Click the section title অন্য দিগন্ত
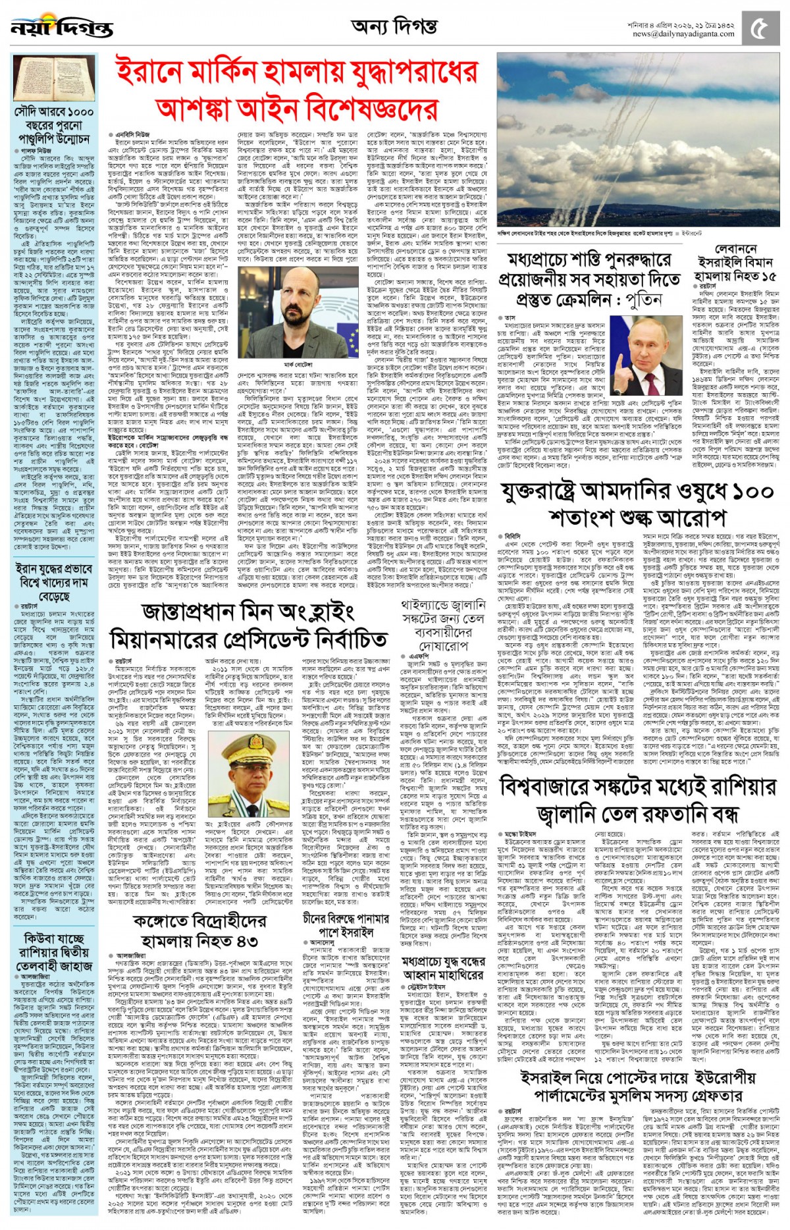click(394, 27)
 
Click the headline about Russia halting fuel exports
click(638, 799)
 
